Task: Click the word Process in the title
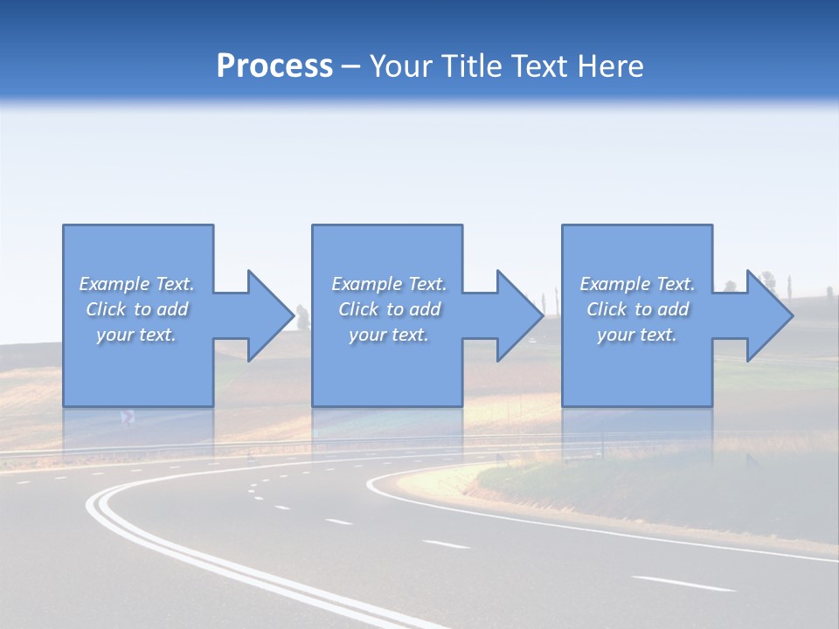[x=274, y=66]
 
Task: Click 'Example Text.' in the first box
[x=136, y=284]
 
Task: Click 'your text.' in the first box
[x=136, y=335]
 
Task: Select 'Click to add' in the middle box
[x=389, y=309]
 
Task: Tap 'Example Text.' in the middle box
[x=389, y=284]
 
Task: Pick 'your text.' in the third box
[x=637, y=335]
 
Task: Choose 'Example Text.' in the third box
[x=637, y=284]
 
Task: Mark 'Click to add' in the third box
[x=637, y=309]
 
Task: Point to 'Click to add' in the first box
[x=136, y=309]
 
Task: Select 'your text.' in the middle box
[x=389, y=335]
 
